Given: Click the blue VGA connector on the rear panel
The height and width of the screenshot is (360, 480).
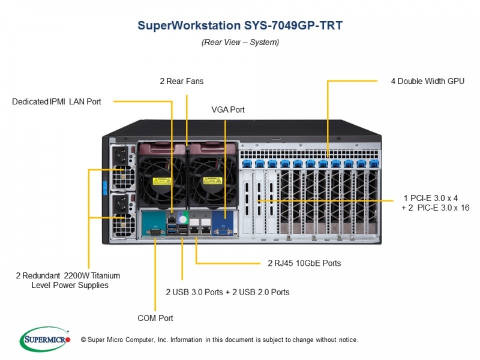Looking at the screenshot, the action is (x=224, y=232).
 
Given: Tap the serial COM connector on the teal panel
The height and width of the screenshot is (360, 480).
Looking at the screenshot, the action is (x=155, y=232).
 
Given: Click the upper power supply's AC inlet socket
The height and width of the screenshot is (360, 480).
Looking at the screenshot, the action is (x=121, y=154).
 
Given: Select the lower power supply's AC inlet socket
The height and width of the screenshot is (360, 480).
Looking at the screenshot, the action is (x=121, y=202).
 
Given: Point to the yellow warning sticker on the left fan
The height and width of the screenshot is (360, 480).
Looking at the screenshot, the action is (x=161, y=181).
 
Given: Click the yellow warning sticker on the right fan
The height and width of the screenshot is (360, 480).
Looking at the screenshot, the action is (x=212, y=181).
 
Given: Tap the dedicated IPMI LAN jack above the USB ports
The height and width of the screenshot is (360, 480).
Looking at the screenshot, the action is (x=172, y=219).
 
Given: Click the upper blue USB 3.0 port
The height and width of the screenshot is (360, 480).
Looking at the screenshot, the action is (x=172, y=226).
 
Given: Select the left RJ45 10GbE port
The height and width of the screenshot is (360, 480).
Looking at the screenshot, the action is (x=193, y=229).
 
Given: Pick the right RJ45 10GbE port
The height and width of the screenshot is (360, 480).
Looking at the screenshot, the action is (x=206, y=229).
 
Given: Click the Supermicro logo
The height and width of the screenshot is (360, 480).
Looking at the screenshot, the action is (x=44, y=339).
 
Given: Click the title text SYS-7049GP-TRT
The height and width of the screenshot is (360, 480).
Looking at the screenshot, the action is (x=293, y=25).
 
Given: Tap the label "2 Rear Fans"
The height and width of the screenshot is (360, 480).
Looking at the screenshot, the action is (x=182, y=81).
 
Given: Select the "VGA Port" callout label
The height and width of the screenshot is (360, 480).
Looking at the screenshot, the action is (x=228, y=110).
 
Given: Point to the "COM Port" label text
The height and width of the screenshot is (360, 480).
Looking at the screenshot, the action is (x=155, y=318).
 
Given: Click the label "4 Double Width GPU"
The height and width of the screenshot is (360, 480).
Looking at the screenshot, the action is (x=428, y=81).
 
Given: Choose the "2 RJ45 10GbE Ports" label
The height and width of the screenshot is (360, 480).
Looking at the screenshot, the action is (x=304, y=263).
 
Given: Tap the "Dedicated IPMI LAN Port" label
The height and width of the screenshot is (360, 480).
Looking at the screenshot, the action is (x=56, y=101).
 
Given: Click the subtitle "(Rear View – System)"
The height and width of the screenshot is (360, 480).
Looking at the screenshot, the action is (x=241, y=42).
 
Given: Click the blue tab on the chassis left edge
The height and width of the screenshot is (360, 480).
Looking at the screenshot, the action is (x=104, y=188).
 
